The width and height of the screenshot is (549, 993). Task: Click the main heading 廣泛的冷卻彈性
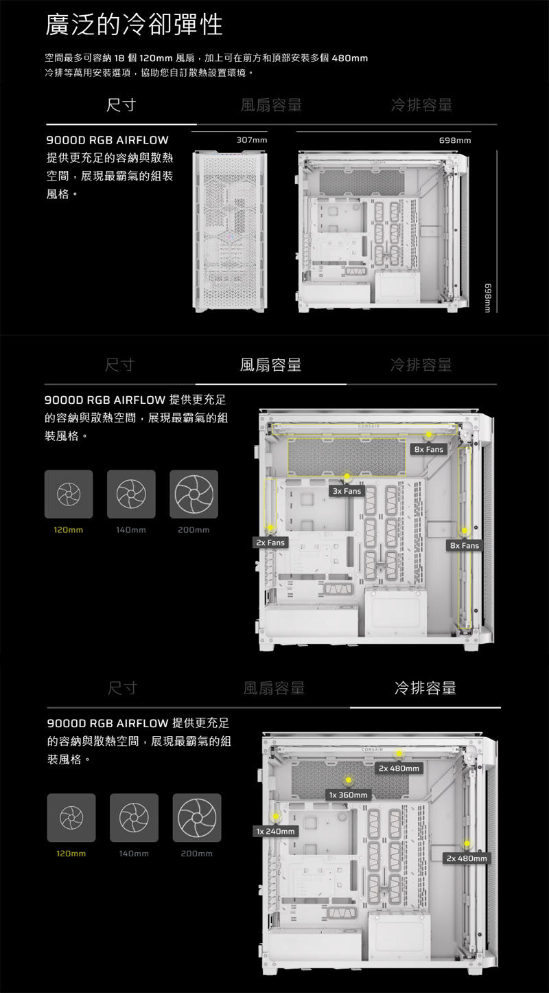click(x=134, y=25)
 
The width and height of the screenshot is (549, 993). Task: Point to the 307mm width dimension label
click(x=251, y=140)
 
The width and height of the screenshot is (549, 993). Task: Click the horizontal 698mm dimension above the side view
click(x=455, y=140)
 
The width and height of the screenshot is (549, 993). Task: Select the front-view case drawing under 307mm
click(x=229, y=231)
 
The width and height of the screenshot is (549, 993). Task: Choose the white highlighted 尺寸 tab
click(x=121, y=105)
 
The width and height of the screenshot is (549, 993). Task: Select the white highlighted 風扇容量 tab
click(x=270, y=365)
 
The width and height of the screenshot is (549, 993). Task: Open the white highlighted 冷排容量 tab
click(x=425, y=688)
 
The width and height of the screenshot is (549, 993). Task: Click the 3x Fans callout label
click(x=347, y=492)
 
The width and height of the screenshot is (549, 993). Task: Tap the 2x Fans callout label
click(x=270, y=543)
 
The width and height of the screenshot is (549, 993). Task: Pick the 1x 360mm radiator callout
click(x=349, y=795)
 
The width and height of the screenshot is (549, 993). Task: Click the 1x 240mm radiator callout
click(x=275, y=832)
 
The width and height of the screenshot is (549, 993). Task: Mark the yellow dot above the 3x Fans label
click(x=347, y=476)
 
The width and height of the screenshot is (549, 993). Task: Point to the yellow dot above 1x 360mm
click(x=349, y=779)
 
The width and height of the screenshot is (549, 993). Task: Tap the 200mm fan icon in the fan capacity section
click(x=194, y=494)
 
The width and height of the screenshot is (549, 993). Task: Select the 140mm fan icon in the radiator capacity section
click(x=134, y=817)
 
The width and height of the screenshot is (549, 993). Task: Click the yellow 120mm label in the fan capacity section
click(x=69, y=530)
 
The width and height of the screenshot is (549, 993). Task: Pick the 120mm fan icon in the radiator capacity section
click(x=71, y=817)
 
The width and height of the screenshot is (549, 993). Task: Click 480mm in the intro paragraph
click(x=350, y=58)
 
